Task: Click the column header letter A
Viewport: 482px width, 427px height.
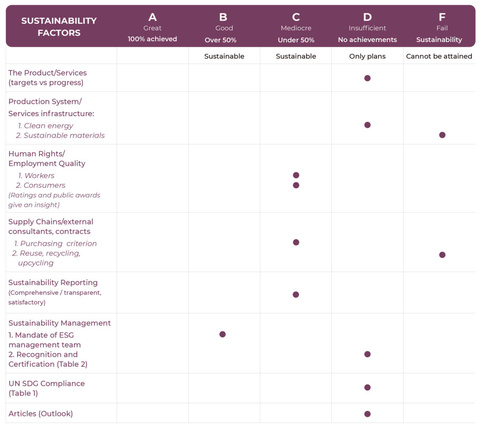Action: (x=152, y=17)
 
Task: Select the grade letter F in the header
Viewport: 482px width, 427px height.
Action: (x=442, y=17)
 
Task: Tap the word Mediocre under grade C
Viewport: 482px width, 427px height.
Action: (x=296, y=28)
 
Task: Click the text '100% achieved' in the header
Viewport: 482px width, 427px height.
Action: (x=152, y=39)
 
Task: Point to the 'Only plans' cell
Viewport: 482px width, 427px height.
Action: (x=367, y=56)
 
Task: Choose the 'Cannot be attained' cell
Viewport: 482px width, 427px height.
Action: (x=439, y=56)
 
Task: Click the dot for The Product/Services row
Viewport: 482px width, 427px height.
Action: (x=367, y=78)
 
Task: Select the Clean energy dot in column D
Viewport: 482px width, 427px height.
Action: (x=367, y=125)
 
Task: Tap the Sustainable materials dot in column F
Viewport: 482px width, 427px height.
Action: (x=442, y=135)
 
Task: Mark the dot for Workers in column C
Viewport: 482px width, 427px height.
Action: (x=296, y=175)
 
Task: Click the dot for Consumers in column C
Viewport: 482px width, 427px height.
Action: (x=296, y=185)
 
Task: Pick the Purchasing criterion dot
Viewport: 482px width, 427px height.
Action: (x=296, y=242)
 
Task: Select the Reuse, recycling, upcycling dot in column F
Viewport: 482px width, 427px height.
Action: (x=442, y=255)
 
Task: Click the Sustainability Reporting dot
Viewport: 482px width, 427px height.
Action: (x=296, y=294)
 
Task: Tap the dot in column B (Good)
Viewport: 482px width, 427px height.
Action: (x=222, y=334)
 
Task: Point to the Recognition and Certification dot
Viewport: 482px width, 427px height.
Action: (x=367, y=354)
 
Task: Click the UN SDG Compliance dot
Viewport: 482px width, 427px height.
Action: (x=367, y=387)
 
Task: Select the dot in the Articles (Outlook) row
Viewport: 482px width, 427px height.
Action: (x=367, y=414)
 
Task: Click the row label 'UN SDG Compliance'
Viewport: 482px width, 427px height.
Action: (x=47, y=383)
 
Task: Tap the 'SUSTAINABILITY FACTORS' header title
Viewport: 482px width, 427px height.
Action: (x=59, y=27)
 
